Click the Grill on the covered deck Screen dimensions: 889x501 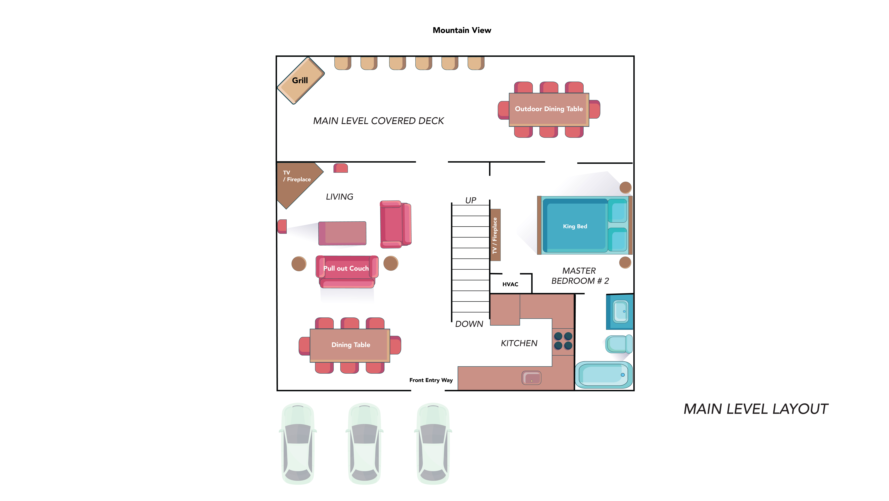click(301, 80)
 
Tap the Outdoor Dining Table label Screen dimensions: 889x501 click(549, 109)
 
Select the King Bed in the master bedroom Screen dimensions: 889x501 click(585, 225)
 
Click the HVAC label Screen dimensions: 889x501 click(510, 284)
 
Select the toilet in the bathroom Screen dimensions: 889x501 click(619, 344)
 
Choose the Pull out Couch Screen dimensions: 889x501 click(347, 272)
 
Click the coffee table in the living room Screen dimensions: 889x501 click(342, 233)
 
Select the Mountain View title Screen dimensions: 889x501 click(462, 30)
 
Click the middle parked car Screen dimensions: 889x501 click(364, 444)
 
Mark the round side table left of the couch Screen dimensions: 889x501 click(299, 264)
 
